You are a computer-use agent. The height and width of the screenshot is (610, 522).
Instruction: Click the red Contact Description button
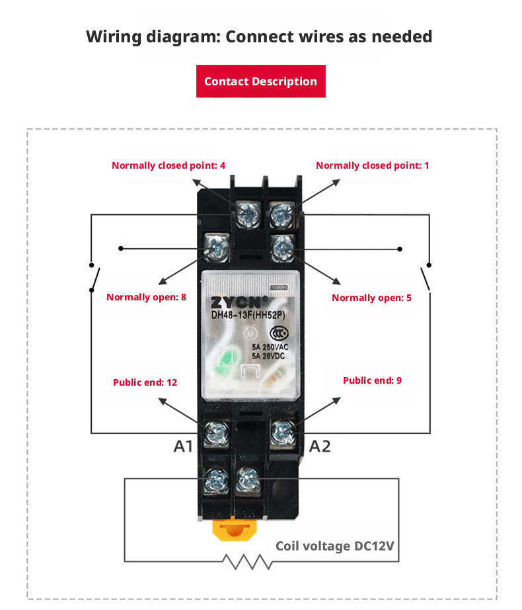[x=260, y=81]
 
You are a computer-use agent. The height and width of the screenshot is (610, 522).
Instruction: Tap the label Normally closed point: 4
[x=168, y=165]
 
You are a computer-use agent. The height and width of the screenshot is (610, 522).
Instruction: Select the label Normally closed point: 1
[x=372, y=165]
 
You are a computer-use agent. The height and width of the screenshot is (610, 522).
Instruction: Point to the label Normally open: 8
[x=146, y=297]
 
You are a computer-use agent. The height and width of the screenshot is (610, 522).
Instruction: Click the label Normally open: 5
[x=371, y=298]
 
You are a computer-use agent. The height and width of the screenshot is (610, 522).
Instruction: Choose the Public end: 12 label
[x=145, y=382]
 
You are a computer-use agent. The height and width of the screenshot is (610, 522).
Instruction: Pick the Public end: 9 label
[x=372, y=380]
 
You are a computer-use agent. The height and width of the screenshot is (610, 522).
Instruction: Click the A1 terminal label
[x=183, y=447]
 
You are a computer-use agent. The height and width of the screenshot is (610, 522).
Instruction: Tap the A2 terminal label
[x=320, y=447]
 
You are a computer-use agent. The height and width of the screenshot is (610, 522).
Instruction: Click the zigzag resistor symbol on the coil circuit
[x=247, y=562]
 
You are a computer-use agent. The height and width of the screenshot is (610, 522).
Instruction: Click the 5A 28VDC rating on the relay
[x=270, y=356]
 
